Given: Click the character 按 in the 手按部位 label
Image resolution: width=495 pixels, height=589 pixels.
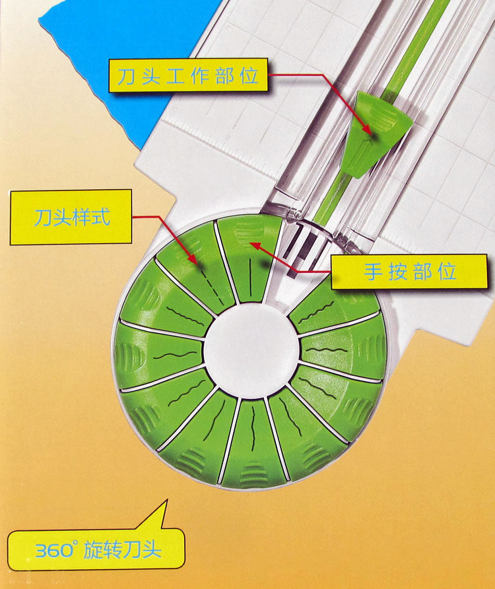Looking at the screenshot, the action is pos(397,271).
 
